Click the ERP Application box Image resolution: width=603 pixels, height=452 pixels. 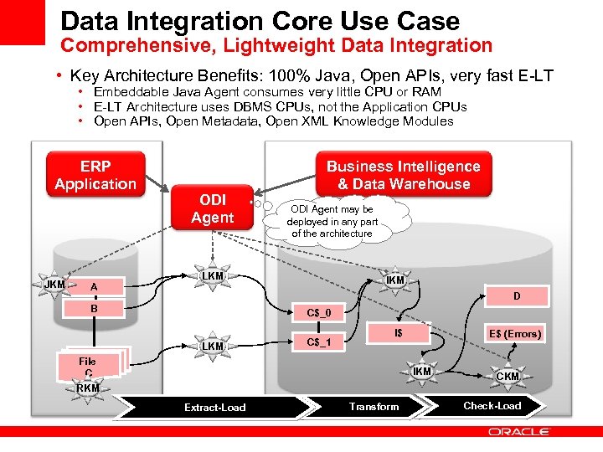pyautogui.click(x=95, y=175)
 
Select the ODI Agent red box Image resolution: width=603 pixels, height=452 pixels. pyautogui.click(x=211, y=208)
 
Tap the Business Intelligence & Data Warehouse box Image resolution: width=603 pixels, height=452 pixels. pyautogui.click(x=403, y=175)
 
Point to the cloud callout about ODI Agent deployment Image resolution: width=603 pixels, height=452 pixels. pyautogui.click(x=332, y=221)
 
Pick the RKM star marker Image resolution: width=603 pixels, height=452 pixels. pyautogui.click(x=87, y=388)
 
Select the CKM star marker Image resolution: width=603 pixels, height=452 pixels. pyautogui.click(x=508, y=376)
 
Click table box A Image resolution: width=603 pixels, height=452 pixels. pyautogui.click(x=95, y=287)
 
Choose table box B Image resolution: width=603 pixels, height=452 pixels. pyautogui.click(x=95, y=308)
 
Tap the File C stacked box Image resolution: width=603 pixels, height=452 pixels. pyautogui.click(x=89, y=366)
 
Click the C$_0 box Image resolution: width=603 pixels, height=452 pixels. pyautogui.click(x=318, y=313)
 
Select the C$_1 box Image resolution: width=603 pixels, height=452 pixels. pyautogui.click(x=318, y=342)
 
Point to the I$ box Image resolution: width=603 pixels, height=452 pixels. pyautogui.click(x=399, y=333)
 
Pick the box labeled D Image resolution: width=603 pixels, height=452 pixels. pyautogui.click(x=516, y=296)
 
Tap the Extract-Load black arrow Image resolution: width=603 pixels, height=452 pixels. pyautogui.click(x=215, y=407)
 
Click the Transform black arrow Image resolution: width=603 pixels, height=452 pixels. pyautogui.click(x=374, y=406)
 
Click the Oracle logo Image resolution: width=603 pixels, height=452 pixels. pyautogui.click(x=520, y=432)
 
